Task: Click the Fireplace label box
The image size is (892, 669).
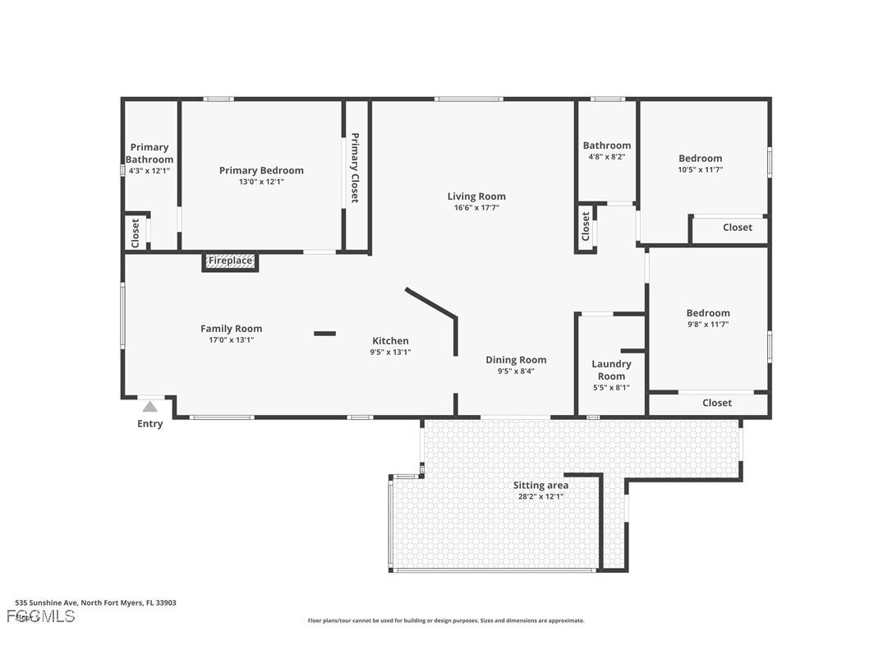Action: (230, 261)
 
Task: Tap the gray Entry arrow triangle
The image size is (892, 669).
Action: (149, 406)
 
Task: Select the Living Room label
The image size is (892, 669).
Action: (476, 196)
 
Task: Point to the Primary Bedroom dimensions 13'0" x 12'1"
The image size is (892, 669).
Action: (261, 182)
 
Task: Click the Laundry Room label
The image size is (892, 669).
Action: (611, 370)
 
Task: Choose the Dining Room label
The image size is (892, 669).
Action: (516, 360)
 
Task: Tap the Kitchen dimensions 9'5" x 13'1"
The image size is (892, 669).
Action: (390, 352)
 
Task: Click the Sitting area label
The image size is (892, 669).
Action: (540, 486)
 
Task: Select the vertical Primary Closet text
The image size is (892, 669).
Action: (355, 168)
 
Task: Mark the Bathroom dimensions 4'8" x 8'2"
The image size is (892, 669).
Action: (607, 156)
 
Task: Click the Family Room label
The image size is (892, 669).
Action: (232, 329)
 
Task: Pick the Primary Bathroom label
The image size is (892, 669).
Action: (149, 154)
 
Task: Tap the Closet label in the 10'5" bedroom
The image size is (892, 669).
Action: (737, 228)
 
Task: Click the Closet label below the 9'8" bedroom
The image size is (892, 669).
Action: (717, 403)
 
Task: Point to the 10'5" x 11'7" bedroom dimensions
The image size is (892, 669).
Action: (701, 169)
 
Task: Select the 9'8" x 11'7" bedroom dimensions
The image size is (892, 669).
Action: (708, 324)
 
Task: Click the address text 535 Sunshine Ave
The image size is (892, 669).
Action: (96, 602)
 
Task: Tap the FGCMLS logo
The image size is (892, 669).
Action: (40, 616)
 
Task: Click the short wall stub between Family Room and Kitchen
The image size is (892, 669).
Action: (324, 334)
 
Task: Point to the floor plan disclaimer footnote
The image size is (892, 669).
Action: (446, 621)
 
